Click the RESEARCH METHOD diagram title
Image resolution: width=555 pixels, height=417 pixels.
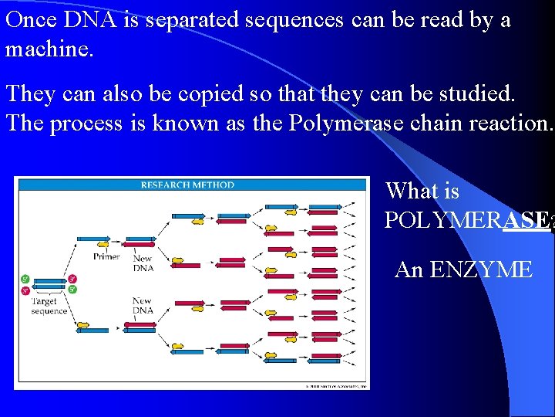(x=187, y=185)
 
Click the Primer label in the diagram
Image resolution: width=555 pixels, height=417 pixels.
(x=106, y=256)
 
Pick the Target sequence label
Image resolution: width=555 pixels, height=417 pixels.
(x=49, y=306)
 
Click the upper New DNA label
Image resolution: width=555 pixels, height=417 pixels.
(x=143, y=263)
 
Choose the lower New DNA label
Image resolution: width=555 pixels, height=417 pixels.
(x=143, y=306)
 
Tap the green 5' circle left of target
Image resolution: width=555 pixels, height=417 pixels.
(x=25, y=278)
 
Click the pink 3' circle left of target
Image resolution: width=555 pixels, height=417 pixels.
(x=25, y=290)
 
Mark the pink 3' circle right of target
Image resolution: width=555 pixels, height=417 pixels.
(x=72, y=278)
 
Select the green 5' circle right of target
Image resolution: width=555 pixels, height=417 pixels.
(x=72, y=290)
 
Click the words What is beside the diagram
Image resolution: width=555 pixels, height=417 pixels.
(x=422, y=191)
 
